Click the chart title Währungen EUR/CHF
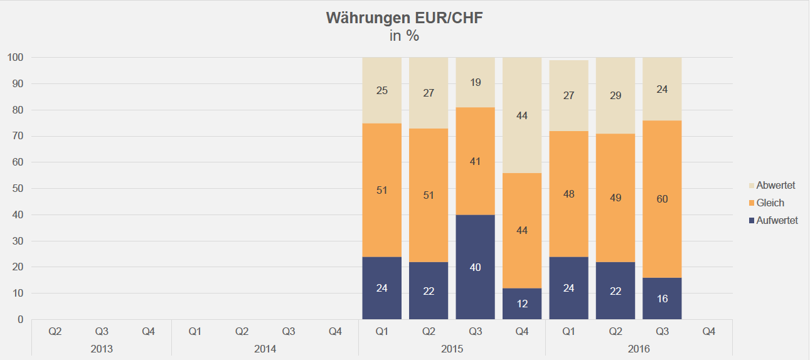[x=404, y=18]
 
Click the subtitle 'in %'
[x=404, y=36]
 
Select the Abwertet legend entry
[x=775, y=186]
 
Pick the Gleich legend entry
[x=770, y=203]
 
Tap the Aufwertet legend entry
[x=777, y=221]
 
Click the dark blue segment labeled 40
[x=476, y=267]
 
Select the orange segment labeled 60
[x=662, y=199]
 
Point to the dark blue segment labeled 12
[x=522, y=304]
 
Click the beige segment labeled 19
[x=476, y=82]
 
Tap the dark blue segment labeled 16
[x=662, y=299]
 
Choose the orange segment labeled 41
[x=476, y=161]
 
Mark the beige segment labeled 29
[x=615, y=95]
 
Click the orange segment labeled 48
[x=569, y=194]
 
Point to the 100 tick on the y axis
[x=16, y=58]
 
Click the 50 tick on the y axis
[x=18, y=189]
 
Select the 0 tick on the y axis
[x=21, y=319]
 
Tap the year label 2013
[x=102, y=348]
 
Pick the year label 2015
[x=452, y=348]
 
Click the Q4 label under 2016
[x=708, y=331]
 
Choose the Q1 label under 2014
[x=195, y=331]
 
